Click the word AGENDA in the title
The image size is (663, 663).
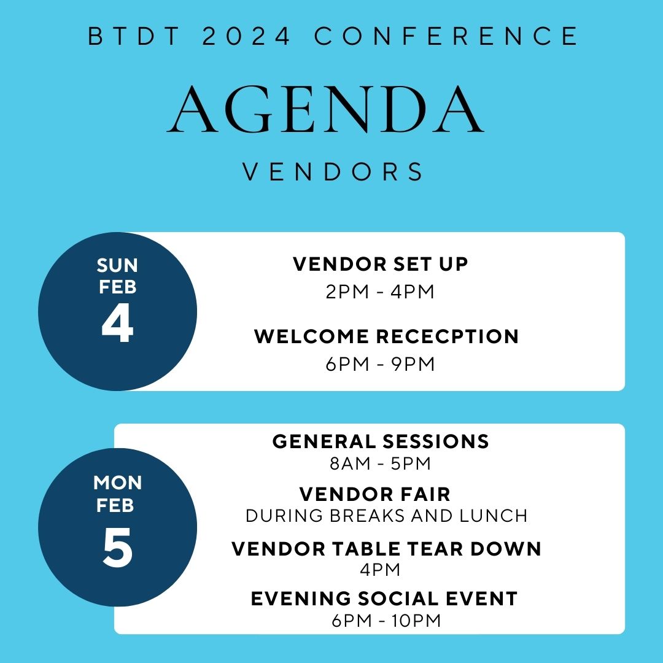point(325,109)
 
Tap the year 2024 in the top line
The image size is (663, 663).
point(247,36)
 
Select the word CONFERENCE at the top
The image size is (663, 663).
point(446,36)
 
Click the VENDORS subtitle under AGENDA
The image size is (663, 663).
point(332,172)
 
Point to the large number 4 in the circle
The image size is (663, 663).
point(117,324)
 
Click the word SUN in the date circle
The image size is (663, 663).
point(117,266)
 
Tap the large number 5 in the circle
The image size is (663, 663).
point(118,548)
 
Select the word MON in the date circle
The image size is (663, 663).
point(117,483)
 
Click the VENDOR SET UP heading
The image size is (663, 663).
point(381,264)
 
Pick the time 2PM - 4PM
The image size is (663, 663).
point(380,292)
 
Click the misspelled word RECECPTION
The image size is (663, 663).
point(448,336)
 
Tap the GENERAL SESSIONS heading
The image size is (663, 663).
point(381,441)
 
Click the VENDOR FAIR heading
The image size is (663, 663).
point(374,494)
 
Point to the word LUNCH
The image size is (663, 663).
point(494,516)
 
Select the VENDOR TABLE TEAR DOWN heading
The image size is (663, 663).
point(387,549)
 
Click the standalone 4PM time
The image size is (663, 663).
point(380,570)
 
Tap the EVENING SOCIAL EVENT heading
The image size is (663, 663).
point(384,599)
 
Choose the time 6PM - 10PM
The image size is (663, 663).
point(386,621)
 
